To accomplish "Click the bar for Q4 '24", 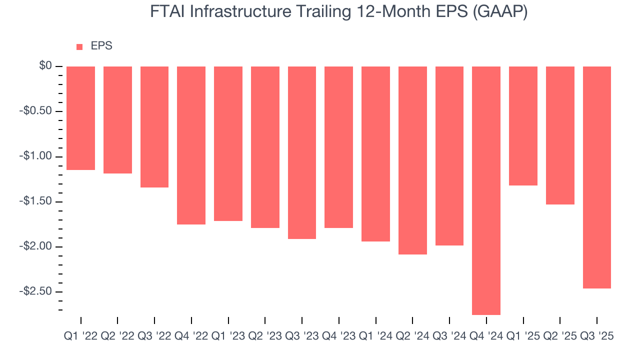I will [486, 190].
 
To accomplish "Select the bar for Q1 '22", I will [80, 118].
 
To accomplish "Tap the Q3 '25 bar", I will [597, 177].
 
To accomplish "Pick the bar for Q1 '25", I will [523, 125].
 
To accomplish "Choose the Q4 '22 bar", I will [191, 145].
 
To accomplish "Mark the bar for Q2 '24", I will [412, 160].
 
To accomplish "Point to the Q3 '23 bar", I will [301, 152].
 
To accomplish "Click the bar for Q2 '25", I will [560, 135].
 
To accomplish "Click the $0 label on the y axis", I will [45, 66].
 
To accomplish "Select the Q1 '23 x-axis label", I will [228, 336].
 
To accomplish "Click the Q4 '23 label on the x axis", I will [338, 336].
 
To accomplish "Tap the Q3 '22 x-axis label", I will [154, 336].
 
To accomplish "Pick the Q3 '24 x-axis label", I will [449, 336].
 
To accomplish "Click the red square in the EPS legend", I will [79, 47].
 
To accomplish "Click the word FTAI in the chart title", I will [167, 12].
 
